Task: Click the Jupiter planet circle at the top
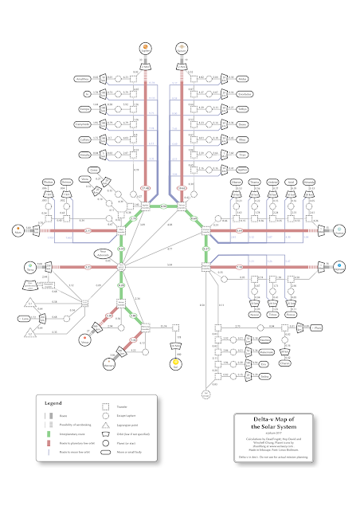(145, 46)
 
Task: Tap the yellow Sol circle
(177, 363)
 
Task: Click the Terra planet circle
(29, 266)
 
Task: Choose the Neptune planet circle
(338, 266)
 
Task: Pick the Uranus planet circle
(338, 231)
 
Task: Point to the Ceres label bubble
(94, 169)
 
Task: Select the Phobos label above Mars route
(47, 182)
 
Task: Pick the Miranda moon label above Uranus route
(314, 182)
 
